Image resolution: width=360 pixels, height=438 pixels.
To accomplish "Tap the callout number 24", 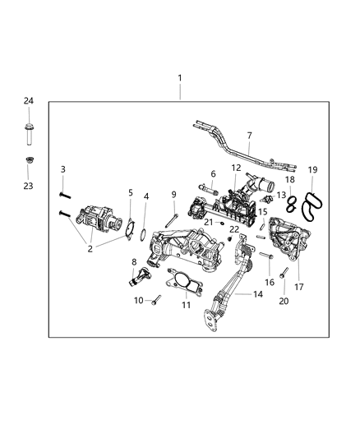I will [x=28, y=101].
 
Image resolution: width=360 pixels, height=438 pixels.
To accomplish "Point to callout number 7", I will [x=249, y=136].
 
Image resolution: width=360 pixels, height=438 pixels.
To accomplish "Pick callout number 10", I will [x=138, y=300].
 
